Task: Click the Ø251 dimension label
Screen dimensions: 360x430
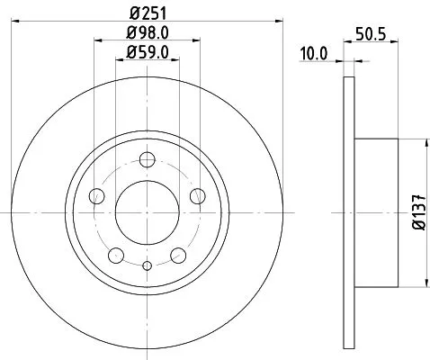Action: coord(145,12)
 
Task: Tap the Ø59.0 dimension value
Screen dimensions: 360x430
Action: coord(145,53)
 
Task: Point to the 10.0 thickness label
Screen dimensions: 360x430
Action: coord(314,53)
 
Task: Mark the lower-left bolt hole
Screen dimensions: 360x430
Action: coord(115,255)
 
